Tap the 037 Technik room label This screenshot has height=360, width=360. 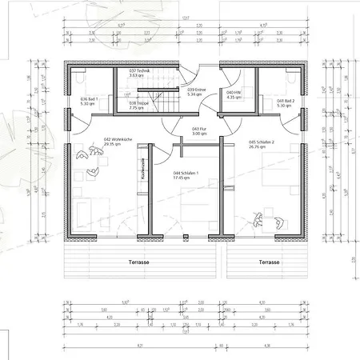tap(140, 70)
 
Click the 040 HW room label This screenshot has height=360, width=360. tap(234, 93)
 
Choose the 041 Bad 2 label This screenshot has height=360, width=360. tap(285, 100)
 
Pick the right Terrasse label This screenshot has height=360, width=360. tap(269, 262)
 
